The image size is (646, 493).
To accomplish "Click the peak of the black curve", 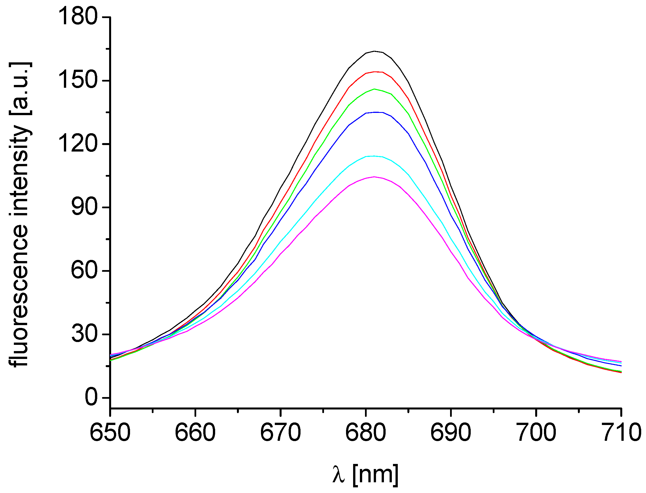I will pos(374,51).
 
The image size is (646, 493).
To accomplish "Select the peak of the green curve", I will pos(374,89).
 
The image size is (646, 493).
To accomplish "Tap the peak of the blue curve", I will pos(376,112).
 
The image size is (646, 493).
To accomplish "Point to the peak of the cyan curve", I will pos(374,156).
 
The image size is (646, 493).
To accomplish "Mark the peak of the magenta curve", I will pos(374,177).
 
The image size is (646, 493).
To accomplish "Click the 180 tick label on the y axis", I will pos(78,17).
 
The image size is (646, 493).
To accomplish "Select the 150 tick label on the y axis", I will pos(78,80).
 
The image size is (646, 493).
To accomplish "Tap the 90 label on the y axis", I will pos(84,207).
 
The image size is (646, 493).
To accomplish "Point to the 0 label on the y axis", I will pos(91,397).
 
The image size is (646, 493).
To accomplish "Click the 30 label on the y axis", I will pos(84,334).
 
